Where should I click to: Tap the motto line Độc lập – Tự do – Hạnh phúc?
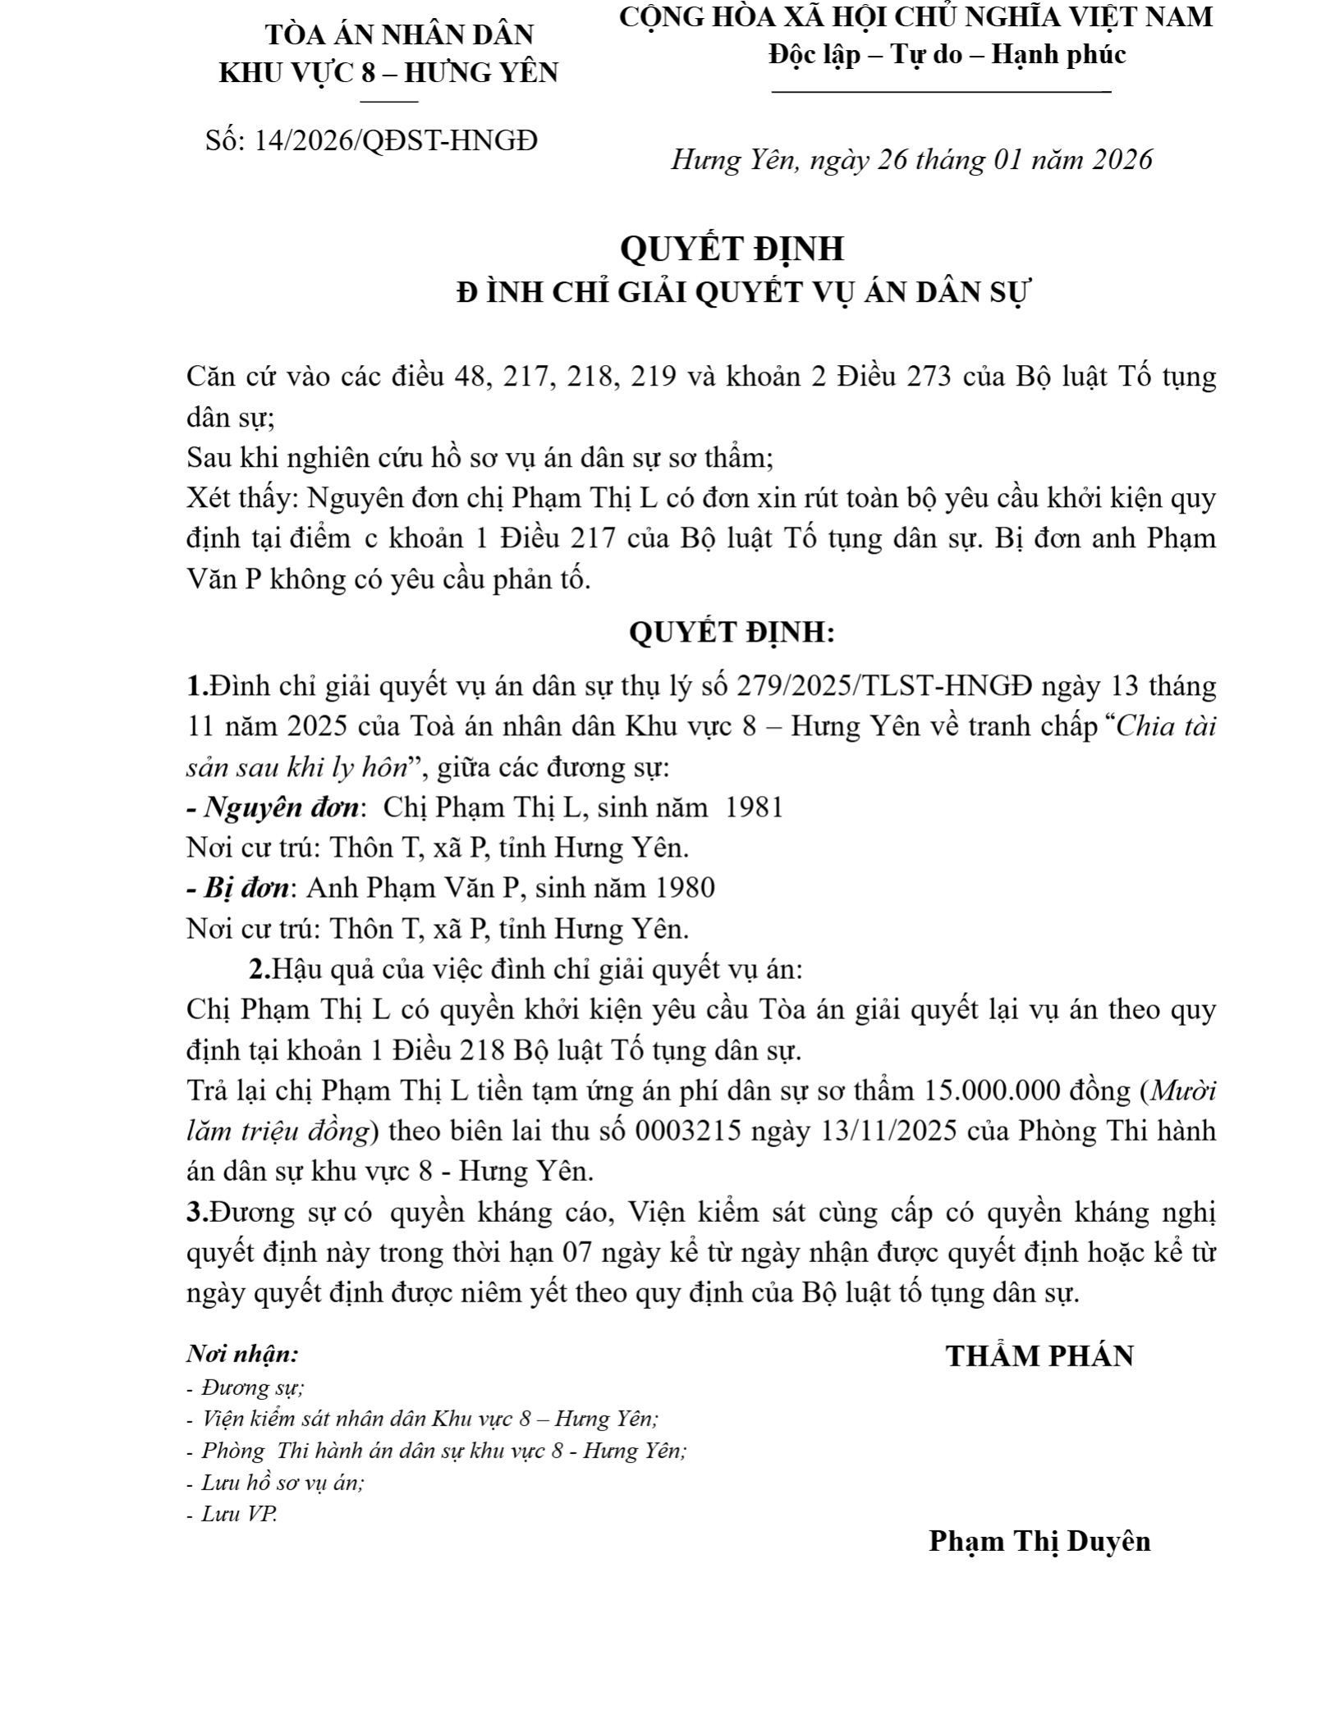point(947,55)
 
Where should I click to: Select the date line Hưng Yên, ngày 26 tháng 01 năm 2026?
point(911,159)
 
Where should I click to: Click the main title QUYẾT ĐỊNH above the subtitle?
point(732,249)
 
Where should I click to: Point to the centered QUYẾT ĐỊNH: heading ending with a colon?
point(732,632)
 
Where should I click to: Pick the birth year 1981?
point(755,807)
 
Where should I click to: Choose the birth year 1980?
point(686,888)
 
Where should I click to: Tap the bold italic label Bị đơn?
point(247,888)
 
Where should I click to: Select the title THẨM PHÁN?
point(1039,1356)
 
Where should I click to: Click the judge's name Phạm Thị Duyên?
point(1039,1541)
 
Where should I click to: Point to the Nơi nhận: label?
point(242,1353)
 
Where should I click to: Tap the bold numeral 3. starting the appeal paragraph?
point(197,1212)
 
